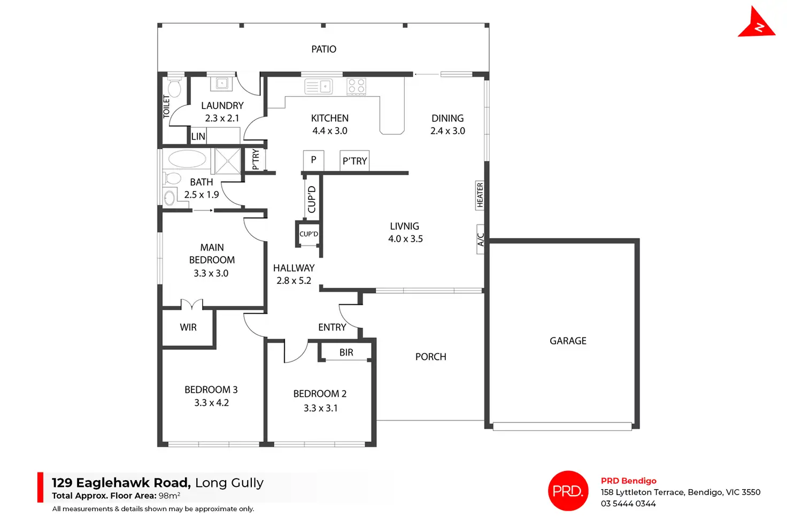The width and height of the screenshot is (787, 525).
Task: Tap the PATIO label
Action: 324,49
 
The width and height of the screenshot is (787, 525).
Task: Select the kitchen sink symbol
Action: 319,86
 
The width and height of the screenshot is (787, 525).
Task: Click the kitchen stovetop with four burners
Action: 356,86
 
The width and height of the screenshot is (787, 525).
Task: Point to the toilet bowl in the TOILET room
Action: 174,87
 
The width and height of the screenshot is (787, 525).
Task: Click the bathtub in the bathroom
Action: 187,159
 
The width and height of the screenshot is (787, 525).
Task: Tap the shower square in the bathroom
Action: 227,161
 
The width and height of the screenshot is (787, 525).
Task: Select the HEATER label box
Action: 480,195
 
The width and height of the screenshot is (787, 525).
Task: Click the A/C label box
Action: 481,239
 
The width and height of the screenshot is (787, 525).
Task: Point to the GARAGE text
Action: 568,341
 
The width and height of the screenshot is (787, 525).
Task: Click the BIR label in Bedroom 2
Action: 346,353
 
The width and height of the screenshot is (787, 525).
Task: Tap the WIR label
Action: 188,327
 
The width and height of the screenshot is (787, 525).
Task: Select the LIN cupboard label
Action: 198,136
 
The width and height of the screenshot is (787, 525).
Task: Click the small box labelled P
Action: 313,160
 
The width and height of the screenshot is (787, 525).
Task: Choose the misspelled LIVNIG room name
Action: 405,226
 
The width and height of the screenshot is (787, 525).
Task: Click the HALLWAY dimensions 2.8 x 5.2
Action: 294,281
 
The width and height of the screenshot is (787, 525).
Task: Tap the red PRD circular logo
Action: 568,491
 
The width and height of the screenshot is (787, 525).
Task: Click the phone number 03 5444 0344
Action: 628,504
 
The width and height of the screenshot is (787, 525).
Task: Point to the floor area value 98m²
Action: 169,496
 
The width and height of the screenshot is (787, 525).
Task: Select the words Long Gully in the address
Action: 229,483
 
